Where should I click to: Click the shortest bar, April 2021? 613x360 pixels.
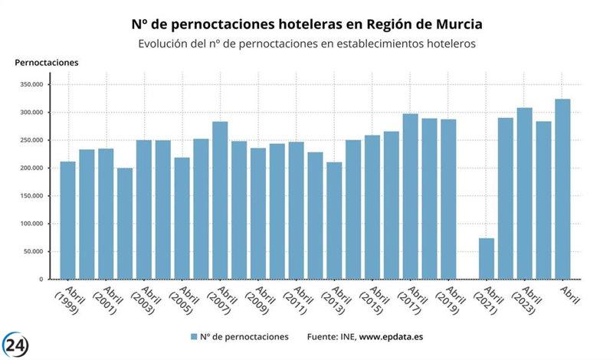[487, 259]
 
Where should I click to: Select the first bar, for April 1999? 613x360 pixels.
[68, 221]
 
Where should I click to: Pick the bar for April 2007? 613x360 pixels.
[220, 201]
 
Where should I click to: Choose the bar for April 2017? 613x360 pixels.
[411, 197]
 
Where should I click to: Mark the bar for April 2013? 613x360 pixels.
[334, 221]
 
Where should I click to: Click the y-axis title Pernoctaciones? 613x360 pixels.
[47, 62]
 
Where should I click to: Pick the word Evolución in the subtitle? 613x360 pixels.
[163, 44]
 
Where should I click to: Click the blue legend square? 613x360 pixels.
[194, 337]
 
